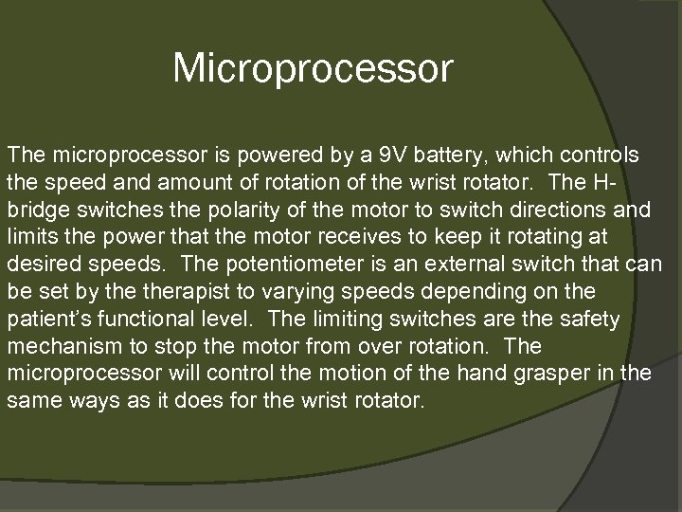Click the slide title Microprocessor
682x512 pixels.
click(314, 68)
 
